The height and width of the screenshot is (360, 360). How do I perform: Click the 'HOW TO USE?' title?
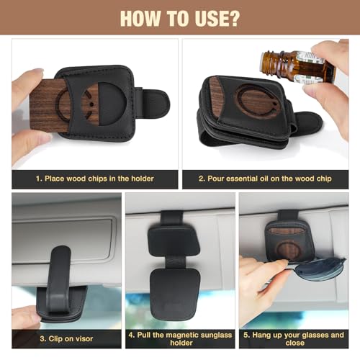(180, 17)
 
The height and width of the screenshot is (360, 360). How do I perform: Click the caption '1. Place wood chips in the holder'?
(95, 179)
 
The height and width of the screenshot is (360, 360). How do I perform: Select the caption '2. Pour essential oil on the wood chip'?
(265, 179)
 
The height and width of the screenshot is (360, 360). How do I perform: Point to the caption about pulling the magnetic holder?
(179, 338)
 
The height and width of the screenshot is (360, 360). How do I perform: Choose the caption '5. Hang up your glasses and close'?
(294, 338)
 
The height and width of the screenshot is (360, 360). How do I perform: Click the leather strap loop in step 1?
(153, 103)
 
